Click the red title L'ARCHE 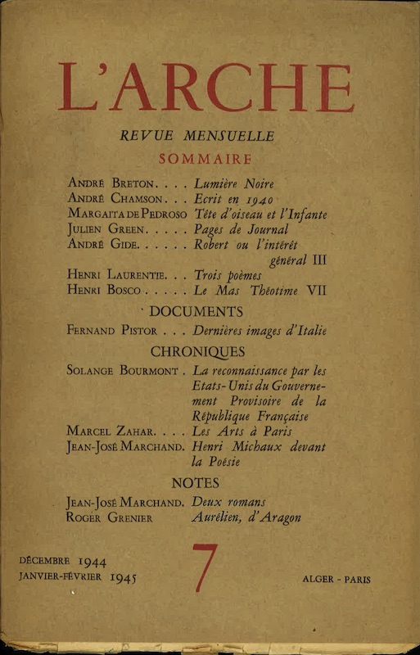click(205, 87)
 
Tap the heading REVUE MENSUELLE click(209, 137)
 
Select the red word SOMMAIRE click(209, 159)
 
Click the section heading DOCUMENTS click(207, 311)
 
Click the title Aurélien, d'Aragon click(246, 517)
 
